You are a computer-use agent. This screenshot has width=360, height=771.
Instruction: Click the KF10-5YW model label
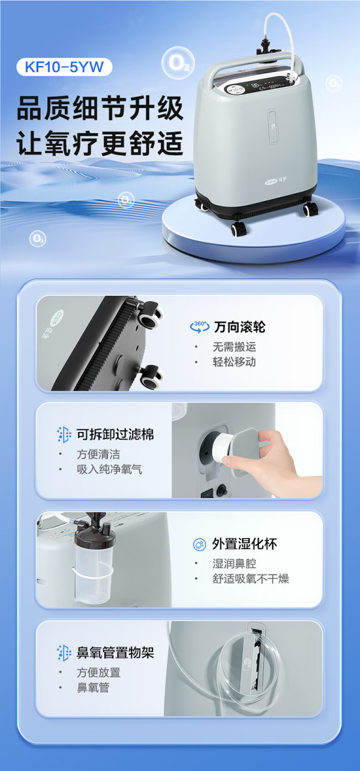[64, 67]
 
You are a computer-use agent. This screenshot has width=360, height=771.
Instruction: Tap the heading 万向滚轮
[239, 326]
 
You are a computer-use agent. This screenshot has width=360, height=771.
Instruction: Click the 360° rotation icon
[200, 326]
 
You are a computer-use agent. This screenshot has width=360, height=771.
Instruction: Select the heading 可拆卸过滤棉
[115, 434]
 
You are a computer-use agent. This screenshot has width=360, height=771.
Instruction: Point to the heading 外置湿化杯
[244, 544]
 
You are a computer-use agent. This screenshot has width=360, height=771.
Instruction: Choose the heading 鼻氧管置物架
[115, 653]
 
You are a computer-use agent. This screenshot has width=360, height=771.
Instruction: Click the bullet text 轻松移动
[234, 362]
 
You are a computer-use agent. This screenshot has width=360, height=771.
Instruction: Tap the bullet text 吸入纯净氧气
[109, 469]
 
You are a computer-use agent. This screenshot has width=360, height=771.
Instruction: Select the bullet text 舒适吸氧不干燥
[251, 578]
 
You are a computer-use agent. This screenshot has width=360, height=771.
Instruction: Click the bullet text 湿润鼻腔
[234, 563]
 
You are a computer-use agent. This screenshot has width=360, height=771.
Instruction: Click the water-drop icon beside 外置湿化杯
[199, 544]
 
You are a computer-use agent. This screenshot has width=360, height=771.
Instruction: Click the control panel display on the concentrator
[256, 88]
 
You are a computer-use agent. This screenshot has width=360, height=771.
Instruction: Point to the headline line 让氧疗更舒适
[100, 142]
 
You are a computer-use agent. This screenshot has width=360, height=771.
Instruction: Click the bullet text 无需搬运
[234, 347]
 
